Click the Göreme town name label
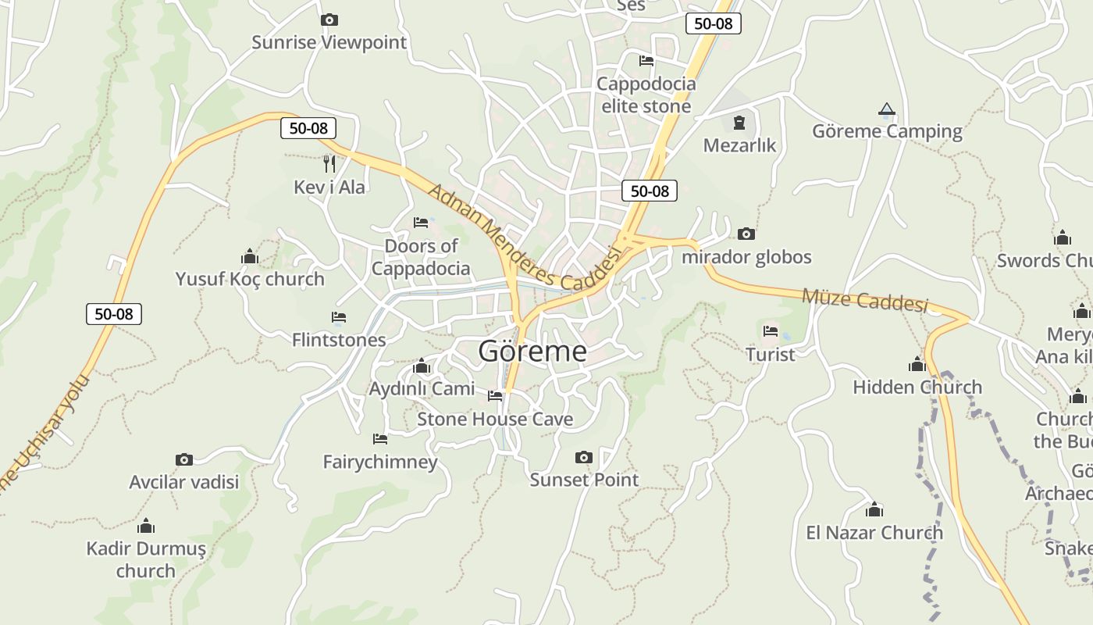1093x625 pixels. click(532, 351)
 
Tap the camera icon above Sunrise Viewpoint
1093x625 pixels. click(329, 20)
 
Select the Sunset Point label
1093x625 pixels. click(584, 480)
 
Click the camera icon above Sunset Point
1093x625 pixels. click(583, 457)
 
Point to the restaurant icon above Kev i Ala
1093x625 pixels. click(329, 163)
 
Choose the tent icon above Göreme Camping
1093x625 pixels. click(886, 109)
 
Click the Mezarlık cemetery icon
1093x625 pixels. click(739, 123)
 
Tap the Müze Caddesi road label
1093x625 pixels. click(865, 300)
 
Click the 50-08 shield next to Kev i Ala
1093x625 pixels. click(308, 128)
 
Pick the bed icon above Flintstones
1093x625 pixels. click(339, 317)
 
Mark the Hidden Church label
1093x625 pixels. click(917, 387)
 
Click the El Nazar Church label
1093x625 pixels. click(874, 533)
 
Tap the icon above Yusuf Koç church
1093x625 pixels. click(250, 256)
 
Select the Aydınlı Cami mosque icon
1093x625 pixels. click(422, 366)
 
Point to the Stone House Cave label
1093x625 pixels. click(495, 419)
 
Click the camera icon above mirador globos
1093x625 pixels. click(746, 234)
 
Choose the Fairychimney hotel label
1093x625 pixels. click(380, 462)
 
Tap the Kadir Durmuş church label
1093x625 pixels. click(146, 559)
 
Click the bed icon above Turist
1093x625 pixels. click(771, 331)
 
